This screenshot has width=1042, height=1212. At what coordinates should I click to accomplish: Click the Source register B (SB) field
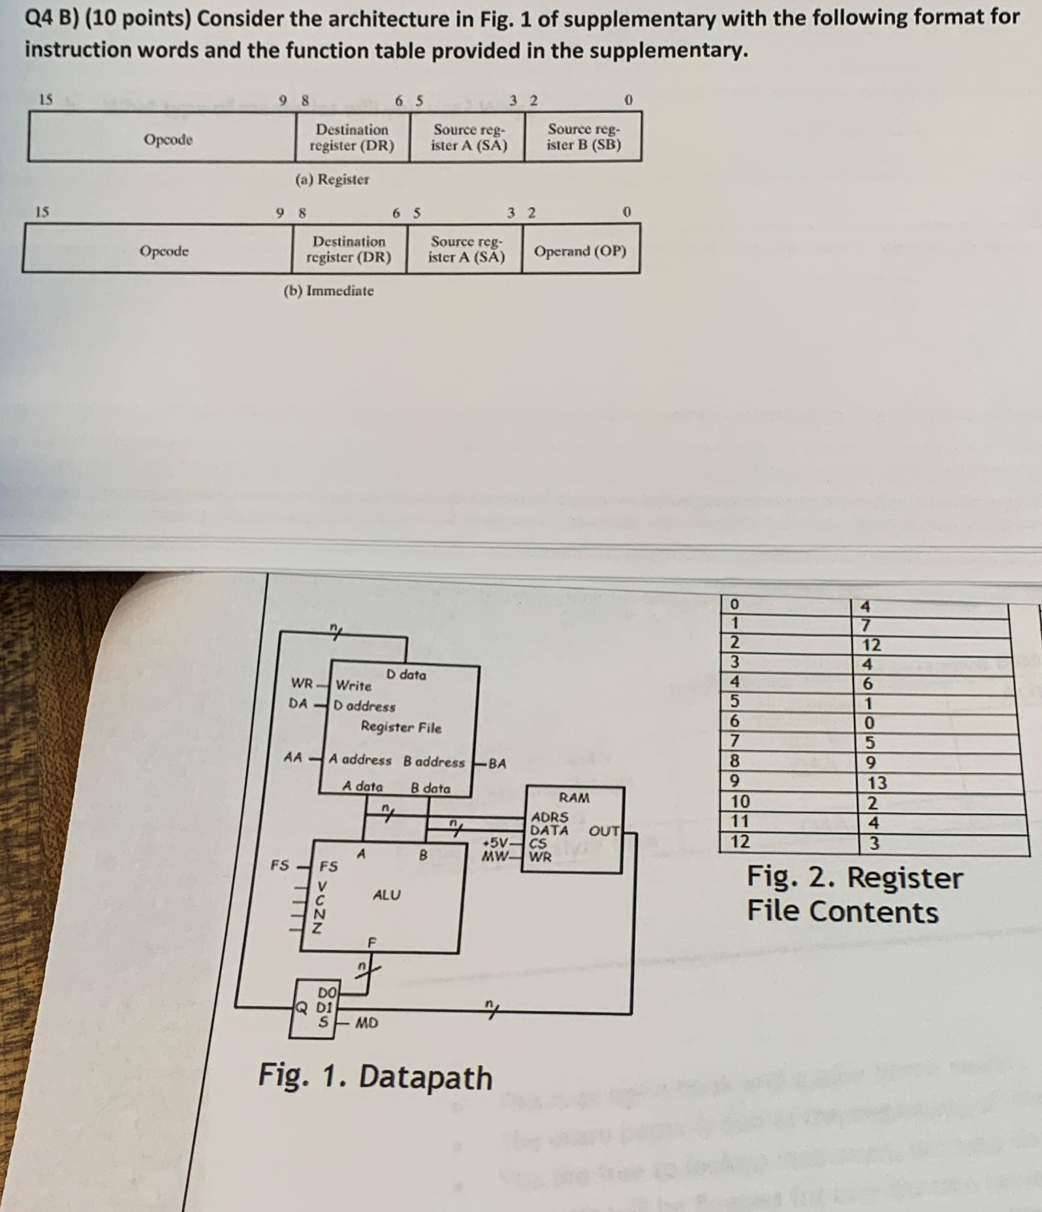pyautogui.click(x=583, y=137)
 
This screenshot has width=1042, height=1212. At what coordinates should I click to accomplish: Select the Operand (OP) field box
pyautogui.click(x=580, y=251)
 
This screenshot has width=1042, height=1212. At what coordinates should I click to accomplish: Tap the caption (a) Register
pyautogui.click(x=332, y=179)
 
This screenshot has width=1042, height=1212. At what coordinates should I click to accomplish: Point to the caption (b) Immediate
pyautogui.click(x=328, y=291)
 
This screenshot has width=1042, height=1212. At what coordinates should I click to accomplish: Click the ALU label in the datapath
pyautogui.click(x=387, y=895)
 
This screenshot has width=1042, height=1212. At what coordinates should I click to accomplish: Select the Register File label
pyautogui.click(x=401, y=727)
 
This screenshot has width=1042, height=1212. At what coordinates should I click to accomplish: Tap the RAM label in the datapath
pyautogui.click(x=574, y=798)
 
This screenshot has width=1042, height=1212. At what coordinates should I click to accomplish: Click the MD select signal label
pyautogui.click(x=366, y=1023)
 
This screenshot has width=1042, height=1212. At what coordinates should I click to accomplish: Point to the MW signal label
pyautogui.click(x=494, y=856)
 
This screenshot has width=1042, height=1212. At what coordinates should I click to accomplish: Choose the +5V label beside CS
pyautogui.click(x=498, y=842)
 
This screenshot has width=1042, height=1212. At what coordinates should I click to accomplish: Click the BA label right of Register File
pyautogui.click(x=497, y=763)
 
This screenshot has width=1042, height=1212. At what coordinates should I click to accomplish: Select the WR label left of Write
pyautogui.click(x=302, y=684)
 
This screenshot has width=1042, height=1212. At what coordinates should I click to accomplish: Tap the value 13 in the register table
pyautogui.click(x=877, y=783)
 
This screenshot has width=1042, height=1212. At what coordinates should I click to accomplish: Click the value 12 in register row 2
pyautogui.click(x=872, y=645)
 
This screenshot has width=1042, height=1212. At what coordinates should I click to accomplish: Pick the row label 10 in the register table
pyautogui.click(x=740, y=801)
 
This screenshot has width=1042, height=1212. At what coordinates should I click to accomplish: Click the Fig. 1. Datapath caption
pyautogui.click(x=375, y=1077)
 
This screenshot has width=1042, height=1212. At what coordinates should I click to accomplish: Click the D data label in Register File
pyautogui.click(x=405, y=674)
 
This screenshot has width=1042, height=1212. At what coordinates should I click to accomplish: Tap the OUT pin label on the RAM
pyautogui.click(x=604, y=831)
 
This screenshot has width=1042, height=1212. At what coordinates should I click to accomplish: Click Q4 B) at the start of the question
pyautogui.click(x=51, y=19)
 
